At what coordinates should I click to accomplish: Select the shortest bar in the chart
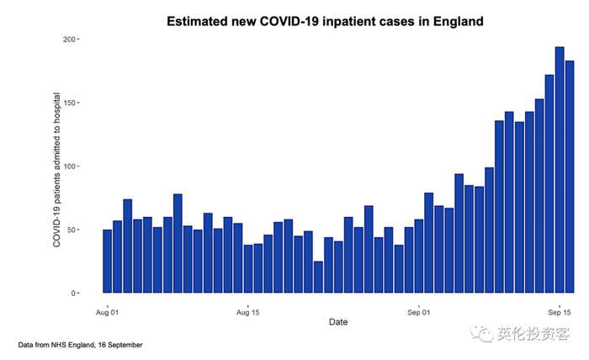[318, 277]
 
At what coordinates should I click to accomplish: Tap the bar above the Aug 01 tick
[108, 261]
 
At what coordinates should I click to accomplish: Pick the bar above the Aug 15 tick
[248, 269]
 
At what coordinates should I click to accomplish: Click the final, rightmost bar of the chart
[570, 177]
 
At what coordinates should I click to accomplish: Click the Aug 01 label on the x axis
[108, 312]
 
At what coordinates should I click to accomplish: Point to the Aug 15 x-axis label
[248, 312]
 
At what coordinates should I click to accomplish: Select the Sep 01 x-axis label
[419, 312]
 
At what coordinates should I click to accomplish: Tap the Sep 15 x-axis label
[560, 312]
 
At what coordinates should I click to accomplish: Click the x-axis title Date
[338, 322]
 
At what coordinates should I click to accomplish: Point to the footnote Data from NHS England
[80, 345]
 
